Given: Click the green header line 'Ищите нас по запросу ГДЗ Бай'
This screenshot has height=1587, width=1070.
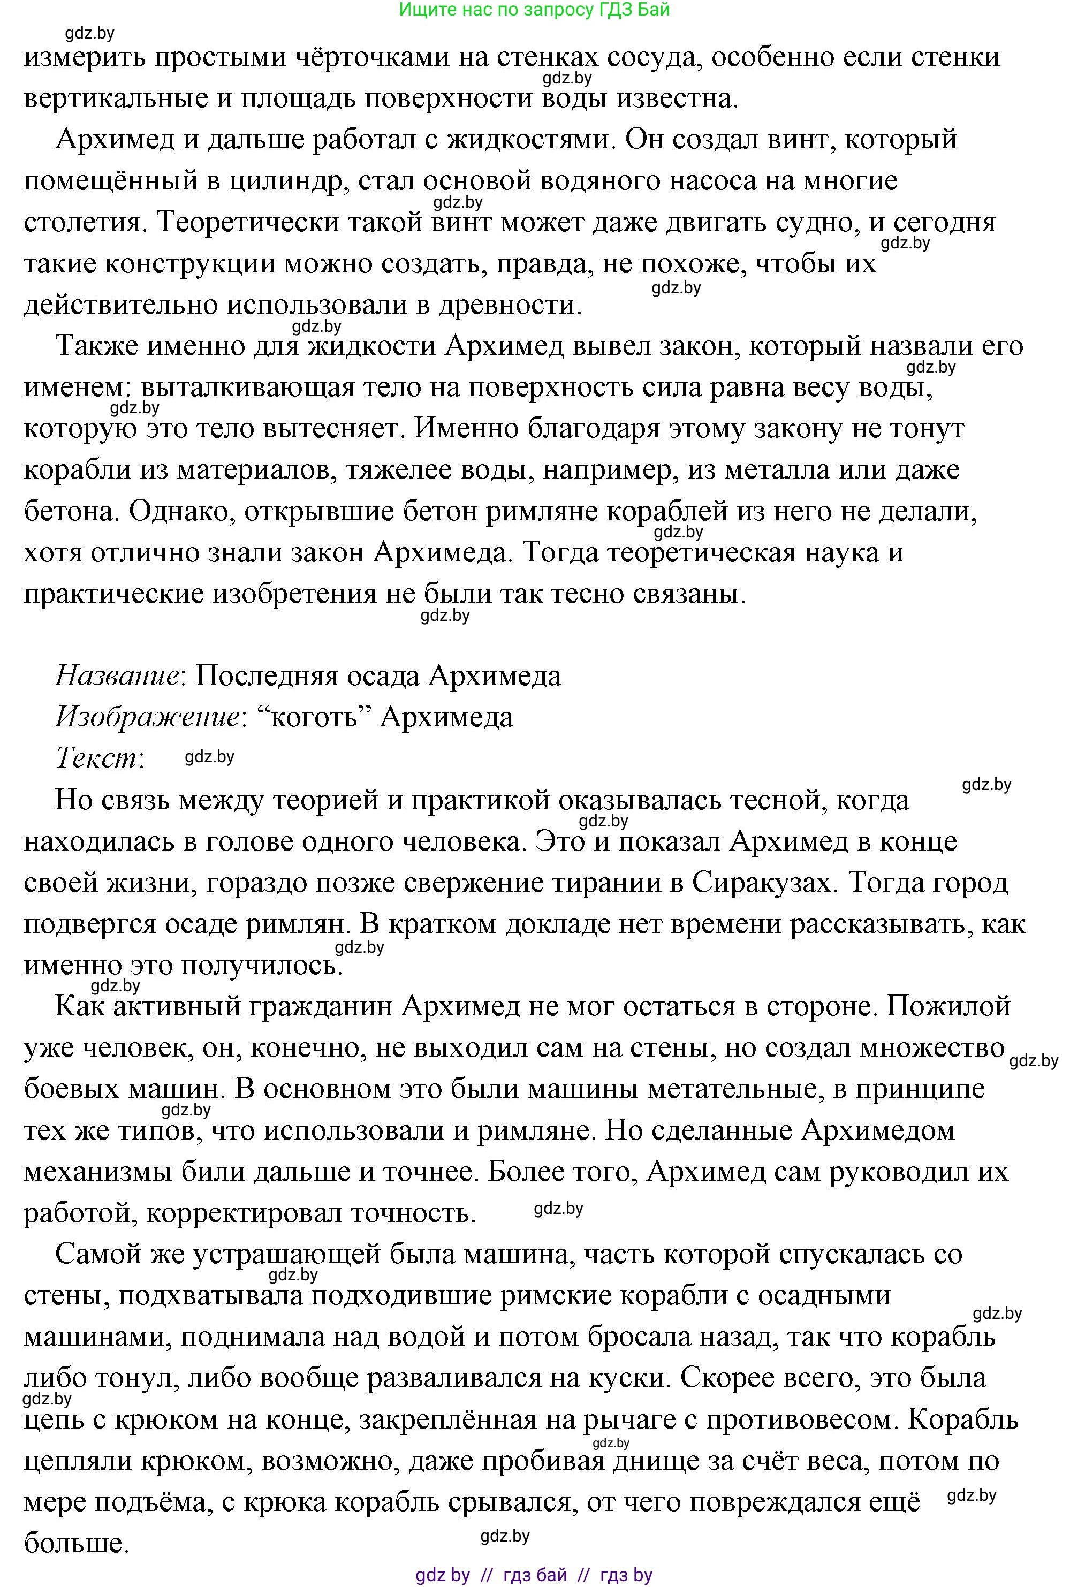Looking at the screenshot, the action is click(534, 10).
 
